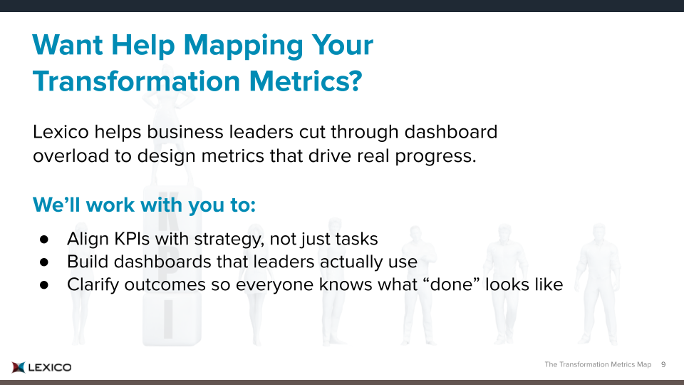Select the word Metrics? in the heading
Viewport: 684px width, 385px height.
point(306,81)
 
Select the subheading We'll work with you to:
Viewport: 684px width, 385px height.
point(144,205)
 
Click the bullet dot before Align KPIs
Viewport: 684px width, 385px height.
point(44,240)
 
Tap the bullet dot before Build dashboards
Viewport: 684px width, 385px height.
point(44,262)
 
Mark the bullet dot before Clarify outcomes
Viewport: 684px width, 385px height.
point(44,284)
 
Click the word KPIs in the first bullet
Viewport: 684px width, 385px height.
point(133,239)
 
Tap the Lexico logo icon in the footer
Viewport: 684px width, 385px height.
point(19,368)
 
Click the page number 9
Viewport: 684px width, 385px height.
point(663,364)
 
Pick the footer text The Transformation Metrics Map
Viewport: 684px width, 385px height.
point(598,364)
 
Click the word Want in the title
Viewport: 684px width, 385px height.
point(68,46)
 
